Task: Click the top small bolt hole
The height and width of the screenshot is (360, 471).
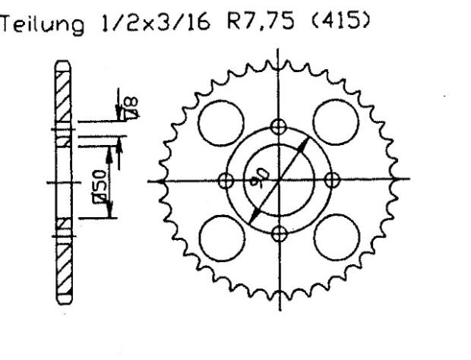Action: pos(280,126)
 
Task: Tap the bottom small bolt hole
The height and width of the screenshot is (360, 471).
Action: pos(280,233)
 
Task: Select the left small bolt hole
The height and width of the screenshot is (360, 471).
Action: pos(226,180)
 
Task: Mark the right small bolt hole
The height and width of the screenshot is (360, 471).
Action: pos(333,180)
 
